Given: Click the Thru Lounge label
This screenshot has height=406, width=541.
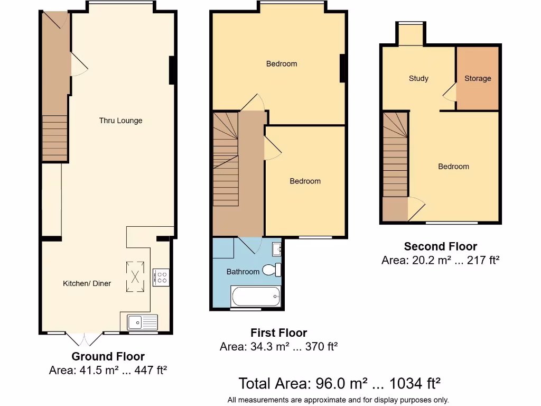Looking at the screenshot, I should click(x=120, y=121).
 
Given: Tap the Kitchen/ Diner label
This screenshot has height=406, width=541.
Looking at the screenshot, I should click(x=87, y=283).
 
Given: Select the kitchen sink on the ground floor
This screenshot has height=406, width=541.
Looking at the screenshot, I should click(x=142, y=321).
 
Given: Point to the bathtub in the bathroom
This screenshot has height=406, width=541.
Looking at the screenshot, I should click(x=256, y=296).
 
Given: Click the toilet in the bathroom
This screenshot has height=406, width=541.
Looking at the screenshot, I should click(x=272, y=270).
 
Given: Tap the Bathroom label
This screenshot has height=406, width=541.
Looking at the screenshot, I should click(x=243, y=272).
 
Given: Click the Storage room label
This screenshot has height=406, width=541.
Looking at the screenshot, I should click(x=478, y=78).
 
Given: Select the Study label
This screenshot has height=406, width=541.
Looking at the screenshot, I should click(x=418, y=78).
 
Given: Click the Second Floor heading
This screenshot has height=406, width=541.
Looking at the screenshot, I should click(x=440, y=246).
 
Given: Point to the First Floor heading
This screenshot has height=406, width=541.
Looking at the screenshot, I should click(x=278, y=333).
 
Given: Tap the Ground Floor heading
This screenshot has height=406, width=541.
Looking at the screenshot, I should click(x=108, y=356).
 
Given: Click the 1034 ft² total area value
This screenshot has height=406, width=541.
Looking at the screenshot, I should click(x=415, y=383).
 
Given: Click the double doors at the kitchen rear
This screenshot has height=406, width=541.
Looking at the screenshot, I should click(x=85, y=338).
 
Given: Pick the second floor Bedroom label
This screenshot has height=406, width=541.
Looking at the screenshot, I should click(x=453, y=167).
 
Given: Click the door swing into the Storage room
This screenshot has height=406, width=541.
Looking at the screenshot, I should click(x=450, y=93).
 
